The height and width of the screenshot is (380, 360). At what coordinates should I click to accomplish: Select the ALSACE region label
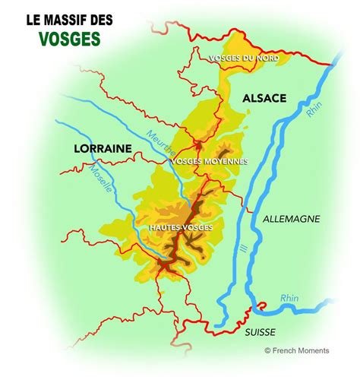pos(264,98)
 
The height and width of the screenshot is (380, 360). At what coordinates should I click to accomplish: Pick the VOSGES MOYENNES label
pos(210,161)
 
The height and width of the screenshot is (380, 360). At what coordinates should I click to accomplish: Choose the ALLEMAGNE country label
pos(291,218)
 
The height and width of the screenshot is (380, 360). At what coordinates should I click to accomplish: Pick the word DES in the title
pos(98,18)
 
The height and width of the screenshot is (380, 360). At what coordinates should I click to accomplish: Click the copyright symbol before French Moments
pos(267,350)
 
